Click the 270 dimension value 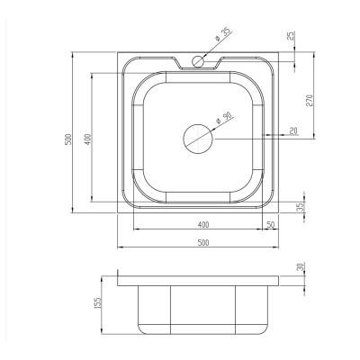pyautogui.click(x=310, y=101)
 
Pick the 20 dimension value pyautogui.click(x=293, y=130)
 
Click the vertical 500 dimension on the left pyautogui.click(x=68, y=139)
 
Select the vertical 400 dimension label pyautogui.click(x=87, y=139)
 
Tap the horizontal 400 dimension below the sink pyautogui.click(x=203, y=224)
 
